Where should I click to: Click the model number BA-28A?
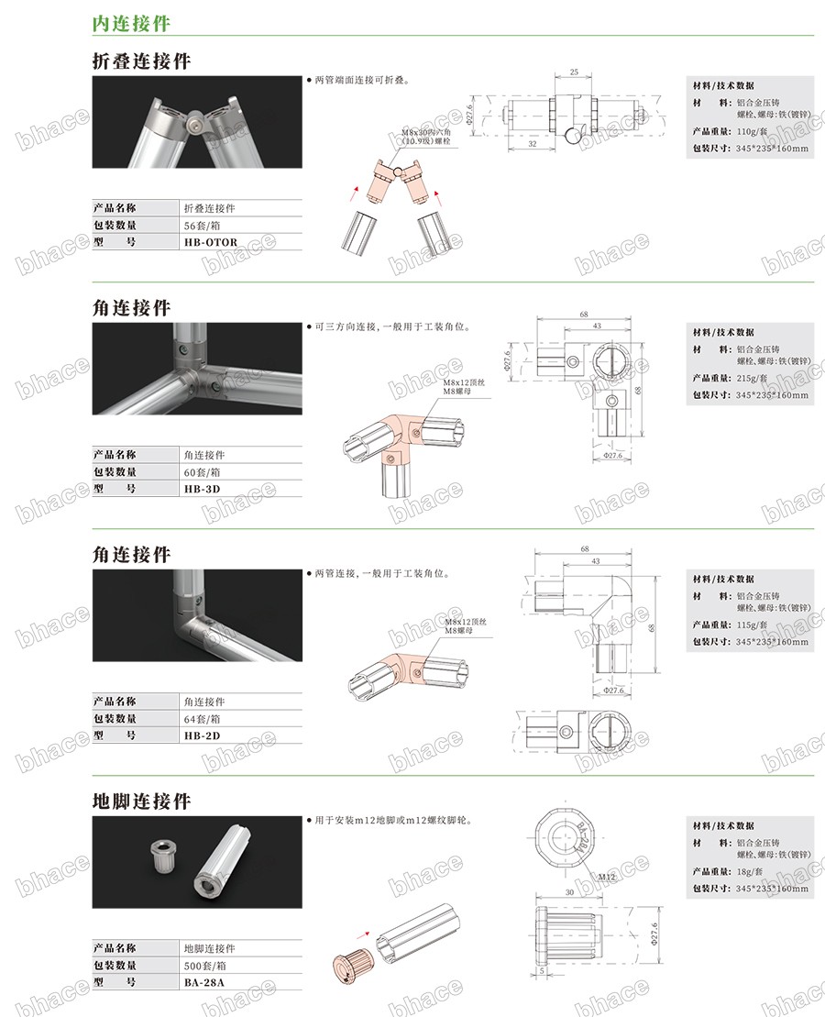204,982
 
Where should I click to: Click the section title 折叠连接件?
142,61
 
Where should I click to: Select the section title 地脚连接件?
142,801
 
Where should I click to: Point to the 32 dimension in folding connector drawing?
533,144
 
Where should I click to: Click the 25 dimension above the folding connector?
573,72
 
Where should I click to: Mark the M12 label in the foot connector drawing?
606,877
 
